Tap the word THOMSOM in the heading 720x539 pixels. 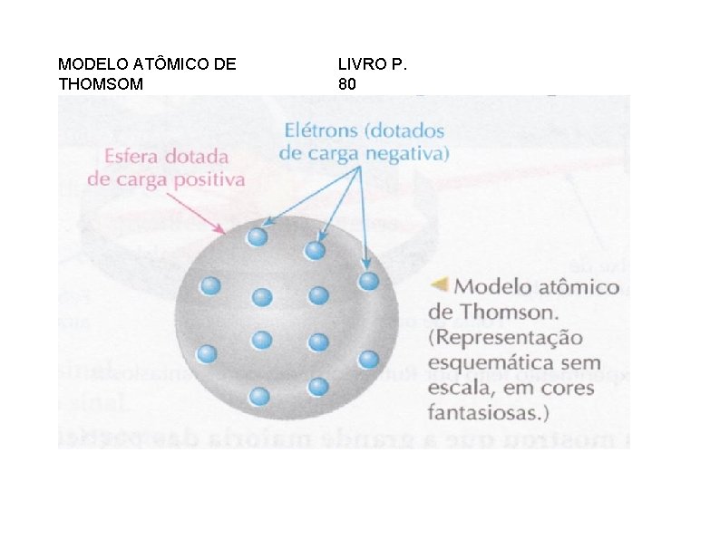coord(101,83)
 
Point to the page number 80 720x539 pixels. coord(347,83)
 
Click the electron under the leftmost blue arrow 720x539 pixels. coord(258,237)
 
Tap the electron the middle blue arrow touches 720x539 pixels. coord(316,250)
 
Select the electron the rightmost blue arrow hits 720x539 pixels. coord(368,281)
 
